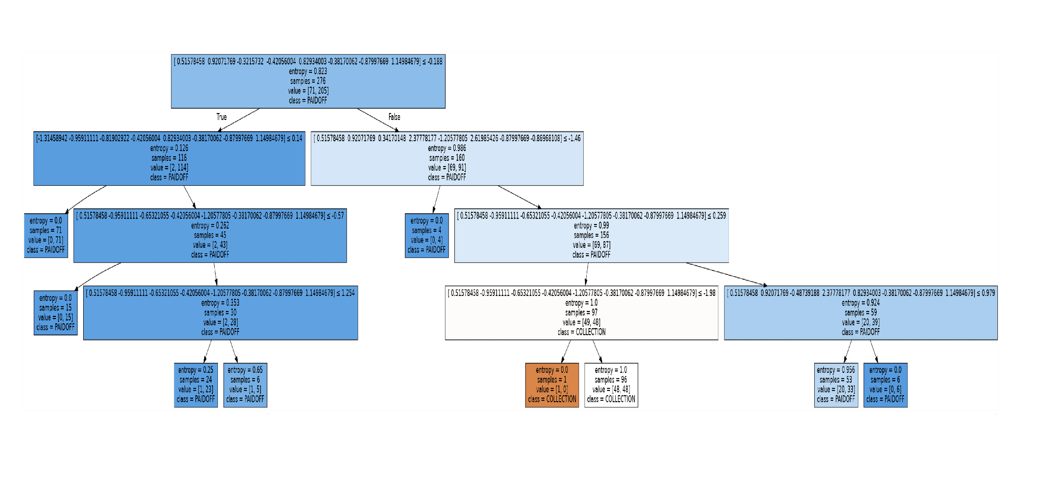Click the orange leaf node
552,385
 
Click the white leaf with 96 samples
611,385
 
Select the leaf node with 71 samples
46,235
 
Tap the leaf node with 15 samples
55,313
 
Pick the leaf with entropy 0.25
196,385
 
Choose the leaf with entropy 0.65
245,385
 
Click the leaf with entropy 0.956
836,385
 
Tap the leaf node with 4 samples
427,235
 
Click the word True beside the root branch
221,117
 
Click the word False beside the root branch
394,117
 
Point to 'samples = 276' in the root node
308,81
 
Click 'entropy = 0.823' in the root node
308,71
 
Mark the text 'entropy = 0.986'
447,148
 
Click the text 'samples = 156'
591,235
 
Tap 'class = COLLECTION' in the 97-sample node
581,332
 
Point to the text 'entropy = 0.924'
861,303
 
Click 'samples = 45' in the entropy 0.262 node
210,235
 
